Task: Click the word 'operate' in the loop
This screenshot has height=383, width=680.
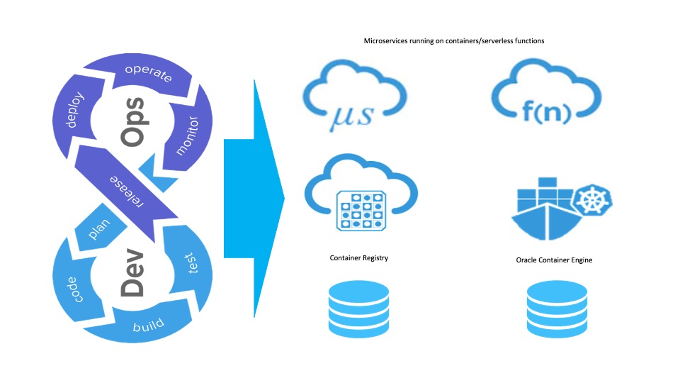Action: pyautogui.click(x=148, y=73)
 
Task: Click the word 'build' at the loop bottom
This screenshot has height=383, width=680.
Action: pyautogui.click(x=147, y=327)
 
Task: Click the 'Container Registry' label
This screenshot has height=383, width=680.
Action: pyautogui.click(x=359, y=258)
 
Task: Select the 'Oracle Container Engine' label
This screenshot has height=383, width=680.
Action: pyautogui.click(x=554, y=260)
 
